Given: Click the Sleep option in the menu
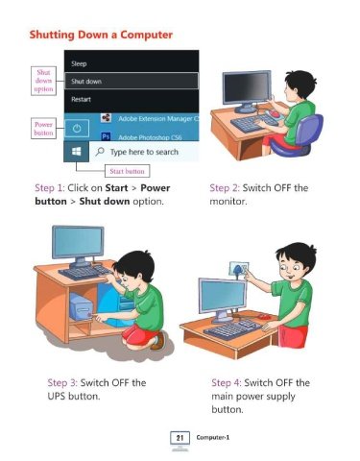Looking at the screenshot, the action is pos(79,63).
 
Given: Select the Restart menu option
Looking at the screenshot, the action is pos(81,99).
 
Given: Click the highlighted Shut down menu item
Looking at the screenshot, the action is pos(132,81).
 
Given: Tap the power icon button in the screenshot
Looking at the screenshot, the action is pos(77,129).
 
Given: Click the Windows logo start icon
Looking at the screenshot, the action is pos(76,152).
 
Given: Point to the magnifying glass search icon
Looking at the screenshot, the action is pos(100,151).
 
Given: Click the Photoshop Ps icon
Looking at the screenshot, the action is pos(106,136).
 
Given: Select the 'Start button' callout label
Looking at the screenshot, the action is pos(127,171).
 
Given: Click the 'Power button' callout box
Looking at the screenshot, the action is pos(43,129).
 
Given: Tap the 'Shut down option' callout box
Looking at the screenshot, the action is pos(43,81).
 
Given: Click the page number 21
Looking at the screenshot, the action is pos(180,437).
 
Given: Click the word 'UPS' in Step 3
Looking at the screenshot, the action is pos(57,396).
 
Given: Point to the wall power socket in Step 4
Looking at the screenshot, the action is pos(239,269).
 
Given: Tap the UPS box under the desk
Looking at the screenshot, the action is pos(82,307).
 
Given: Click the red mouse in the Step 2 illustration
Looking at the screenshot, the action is pos(274,113).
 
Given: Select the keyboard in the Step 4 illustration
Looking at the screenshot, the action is pos(233,329).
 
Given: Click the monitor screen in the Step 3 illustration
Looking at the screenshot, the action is pos(78,242).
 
